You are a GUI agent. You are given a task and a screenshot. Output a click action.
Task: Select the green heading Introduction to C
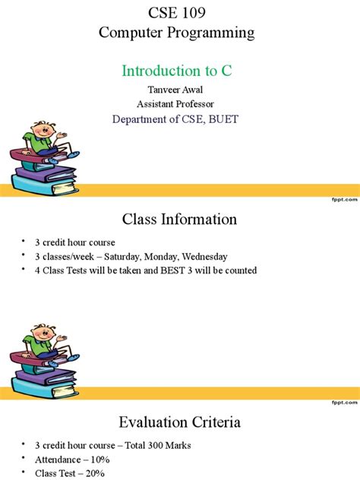click(x=176, y=71)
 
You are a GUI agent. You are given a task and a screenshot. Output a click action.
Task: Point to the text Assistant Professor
click(x=176, y=104)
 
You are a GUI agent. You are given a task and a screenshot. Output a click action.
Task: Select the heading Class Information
click(x=179, y=219)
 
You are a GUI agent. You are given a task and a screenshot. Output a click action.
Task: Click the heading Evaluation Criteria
click(x=179, y=422)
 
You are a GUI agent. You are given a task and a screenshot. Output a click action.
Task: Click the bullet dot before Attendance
click(x=27, y=460)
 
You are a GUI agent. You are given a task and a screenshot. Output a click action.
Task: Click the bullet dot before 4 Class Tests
click(x=27, y=270)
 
